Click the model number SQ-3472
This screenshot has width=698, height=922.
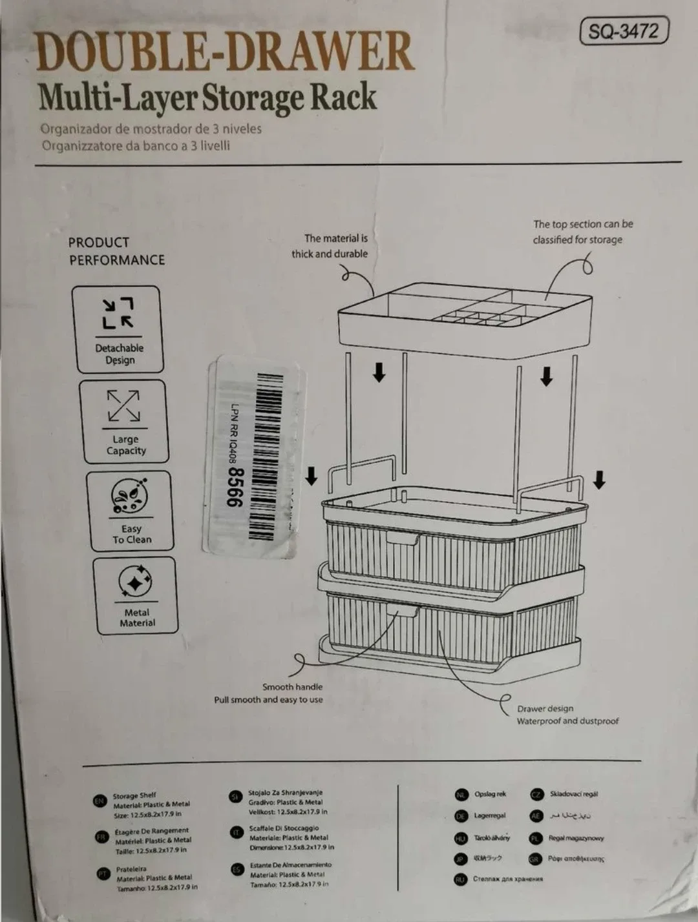(623, 31)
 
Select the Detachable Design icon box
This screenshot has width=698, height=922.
(118, 330)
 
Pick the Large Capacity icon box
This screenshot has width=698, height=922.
(124, 422)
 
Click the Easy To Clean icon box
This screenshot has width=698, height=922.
(130, 511)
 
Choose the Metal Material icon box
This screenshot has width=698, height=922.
(136, 595)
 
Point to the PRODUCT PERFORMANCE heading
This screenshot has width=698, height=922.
(117, 251)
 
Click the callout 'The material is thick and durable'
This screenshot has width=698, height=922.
(330, 246)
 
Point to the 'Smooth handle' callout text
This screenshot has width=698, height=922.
(292, 687)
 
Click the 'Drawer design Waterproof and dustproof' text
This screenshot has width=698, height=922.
(567, 715)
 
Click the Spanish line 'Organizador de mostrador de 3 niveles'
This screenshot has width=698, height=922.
(151, 128)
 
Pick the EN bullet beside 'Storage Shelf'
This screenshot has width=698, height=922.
(100, 801)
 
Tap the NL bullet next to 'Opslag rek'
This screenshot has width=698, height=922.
(461, 795)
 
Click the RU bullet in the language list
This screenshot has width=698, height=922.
(460, 879)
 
